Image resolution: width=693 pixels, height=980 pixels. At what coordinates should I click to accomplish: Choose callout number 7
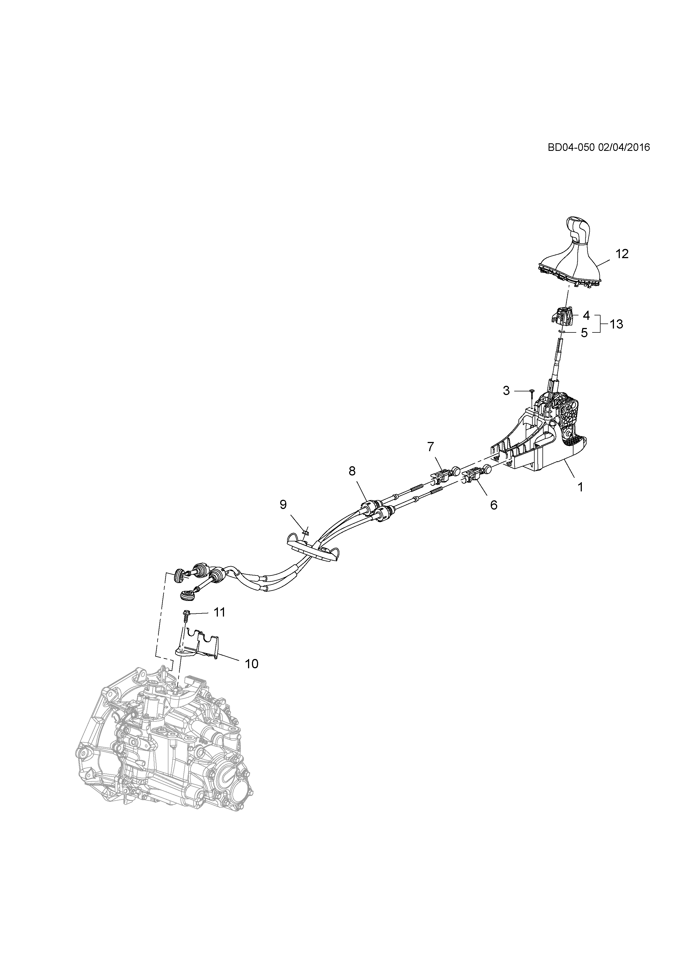tap(430, 447)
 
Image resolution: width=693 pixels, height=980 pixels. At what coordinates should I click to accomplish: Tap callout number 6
tap(494, 505)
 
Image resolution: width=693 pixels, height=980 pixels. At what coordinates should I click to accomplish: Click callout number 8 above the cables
tap(352, 471)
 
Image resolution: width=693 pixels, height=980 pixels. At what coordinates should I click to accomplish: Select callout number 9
tap(283, 505)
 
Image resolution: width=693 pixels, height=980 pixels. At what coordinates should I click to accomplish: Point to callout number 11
tap(219, 612)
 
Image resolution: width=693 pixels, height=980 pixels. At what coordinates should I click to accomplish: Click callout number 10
tap(252, 664)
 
